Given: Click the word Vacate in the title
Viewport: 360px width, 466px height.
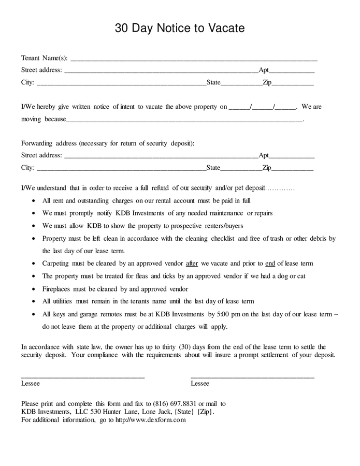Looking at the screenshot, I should (x=226, y=28).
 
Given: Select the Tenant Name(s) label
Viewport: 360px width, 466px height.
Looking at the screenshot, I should (x=45, y=57).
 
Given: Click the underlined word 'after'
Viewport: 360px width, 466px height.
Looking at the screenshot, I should (x=192, y=264).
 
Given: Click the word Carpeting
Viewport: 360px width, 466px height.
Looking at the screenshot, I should (x=59, y=264).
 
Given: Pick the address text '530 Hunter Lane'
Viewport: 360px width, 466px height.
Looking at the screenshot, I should (x=108, y=412).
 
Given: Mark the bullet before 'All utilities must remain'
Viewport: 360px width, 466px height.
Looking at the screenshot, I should (x=34, y=301).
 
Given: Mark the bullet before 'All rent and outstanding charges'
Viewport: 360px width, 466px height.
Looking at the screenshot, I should (x=34, y=200).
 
